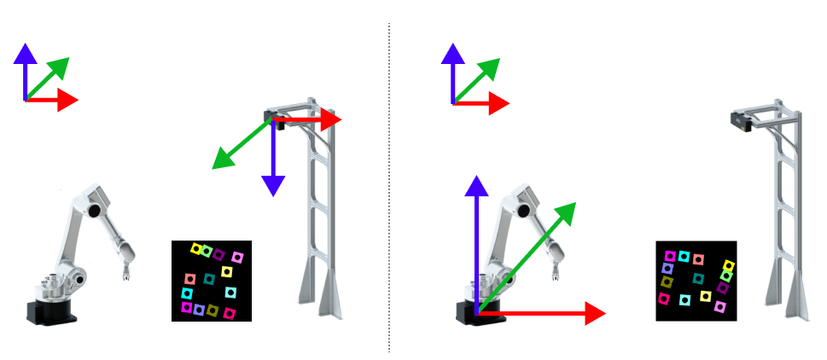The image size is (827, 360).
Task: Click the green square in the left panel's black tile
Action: (x=207, y=252)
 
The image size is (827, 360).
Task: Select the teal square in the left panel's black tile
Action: (x=209, y=279)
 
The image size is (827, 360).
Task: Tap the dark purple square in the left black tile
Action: (x=219, y=254)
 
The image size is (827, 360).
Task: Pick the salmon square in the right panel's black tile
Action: (x=698, y=259)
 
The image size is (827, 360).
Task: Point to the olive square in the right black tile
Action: (x=667, y=282)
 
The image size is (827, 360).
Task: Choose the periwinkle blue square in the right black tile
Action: (x=667, y=268)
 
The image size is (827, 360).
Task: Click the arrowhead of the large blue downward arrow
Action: (x=273, y=185)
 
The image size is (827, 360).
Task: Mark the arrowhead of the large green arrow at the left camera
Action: (x=220, y=160)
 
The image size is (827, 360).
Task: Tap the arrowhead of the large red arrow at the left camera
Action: (x=332, y=120)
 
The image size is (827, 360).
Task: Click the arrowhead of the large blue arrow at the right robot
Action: (x=476, y=185)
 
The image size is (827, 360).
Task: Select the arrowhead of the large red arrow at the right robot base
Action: (x=595, y=314)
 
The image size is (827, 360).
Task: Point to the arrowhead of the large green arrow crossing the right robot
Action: (x=567, y=210)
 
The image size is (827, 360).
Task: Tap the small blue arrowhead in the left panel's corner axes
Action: (x=25, y=53)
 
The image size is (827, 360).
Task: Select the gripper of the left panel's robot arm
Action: (x=125, y=272)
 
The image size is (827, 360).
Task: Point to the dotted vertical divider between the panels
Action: (x=389, y=188)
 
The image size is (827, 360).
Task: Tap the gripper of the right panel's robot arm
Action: (x=556, y=272)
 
